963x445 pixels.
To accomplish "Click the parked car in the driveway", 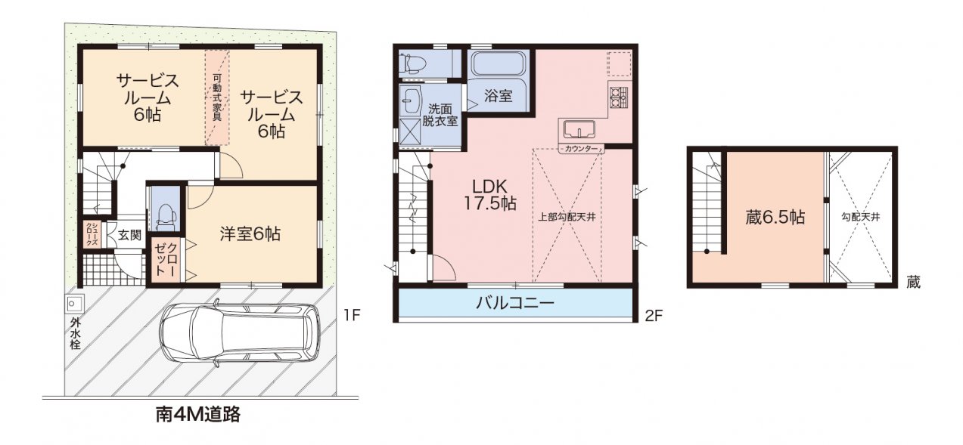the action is click(240, 335).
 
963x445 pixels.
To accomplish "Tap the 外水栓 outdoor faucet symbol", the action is click(75, 304).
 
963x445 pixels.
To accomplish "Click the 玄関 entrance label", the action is click(129, 235).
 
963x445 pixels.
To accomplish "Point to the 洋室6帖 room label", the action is click(250, 234).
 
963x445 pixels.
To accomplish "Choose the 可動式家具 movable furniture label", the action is click(217, 97).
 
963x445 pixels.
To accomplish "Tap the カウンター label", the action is click(581, 149).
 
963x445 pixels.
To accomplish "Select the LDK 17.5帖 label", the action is click(489, 195).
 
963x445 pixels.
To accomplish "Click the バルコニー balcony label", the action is click(515, 303).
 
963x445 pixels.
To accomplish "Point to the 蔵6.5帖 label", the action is click(775, 218).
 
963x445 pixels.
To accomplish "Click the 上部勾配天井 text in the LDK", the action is click(567, 218).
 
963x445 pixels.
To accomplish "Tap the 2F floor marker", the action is click(654, 317).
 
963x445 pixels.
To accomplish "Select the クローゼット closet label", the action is click(166, 259).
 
